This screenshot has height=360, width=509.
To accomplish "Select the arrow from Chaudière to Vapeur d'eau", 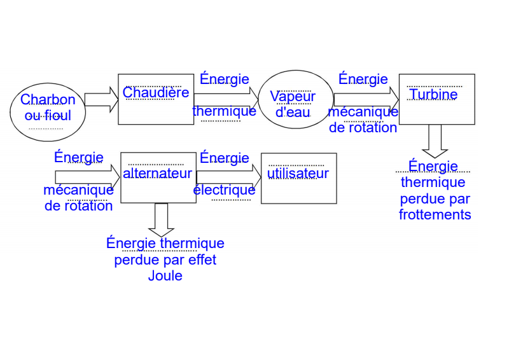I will [226, 99].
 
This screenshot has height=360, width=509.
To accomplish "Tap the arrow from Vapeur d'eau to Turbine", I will [365, 99].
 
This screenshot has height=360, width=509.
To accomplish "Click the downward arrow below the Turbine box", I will [435, 141].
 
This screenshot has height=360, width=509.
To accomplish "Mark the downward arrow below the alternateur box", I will [161, 220].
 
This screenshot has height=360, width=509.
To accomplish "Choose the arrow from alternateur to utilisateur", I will [228, 177].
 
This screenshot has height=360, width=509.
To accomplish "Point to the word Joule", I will [165, 276].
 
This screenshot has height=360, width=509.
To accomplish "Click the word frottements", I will [435, 214].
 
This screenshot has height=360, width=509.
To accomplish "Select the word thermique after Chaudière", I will [224, 111].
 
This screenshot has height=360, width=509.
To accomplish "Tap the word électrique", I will [224, 190].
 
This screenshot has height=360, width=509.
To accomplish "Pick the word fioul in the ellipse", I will [58, 116].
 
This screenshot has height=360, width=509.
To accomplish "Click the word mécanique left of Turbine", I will [363, 112].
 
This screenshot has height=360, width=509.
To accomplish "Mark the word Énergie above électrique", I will [224, 158].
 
